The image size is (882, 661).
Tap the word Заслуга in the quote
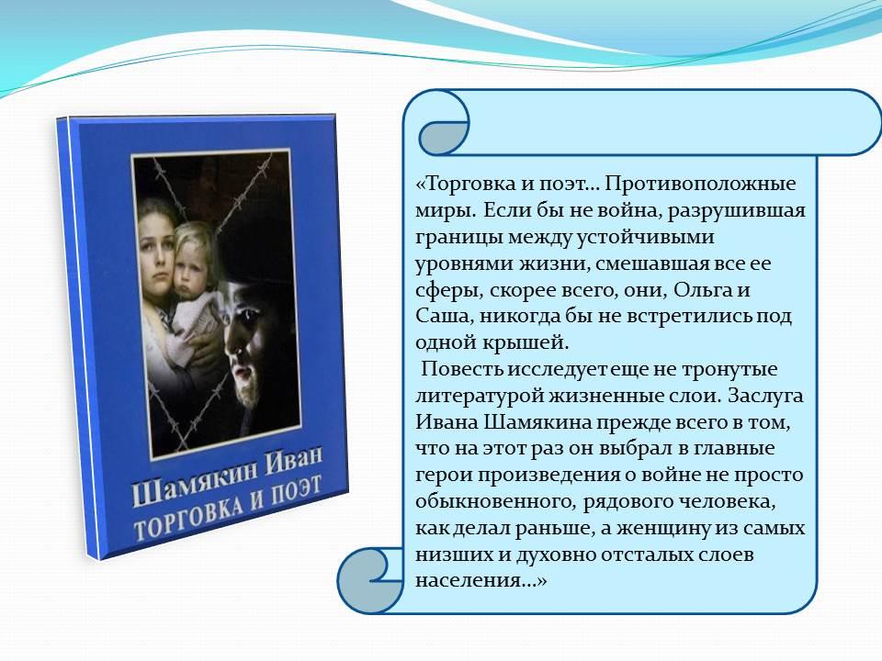[765, 396]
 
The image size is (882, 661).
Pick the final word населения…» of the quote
[481, 580]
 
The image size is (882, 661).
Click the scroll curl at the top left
[442, 129]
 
